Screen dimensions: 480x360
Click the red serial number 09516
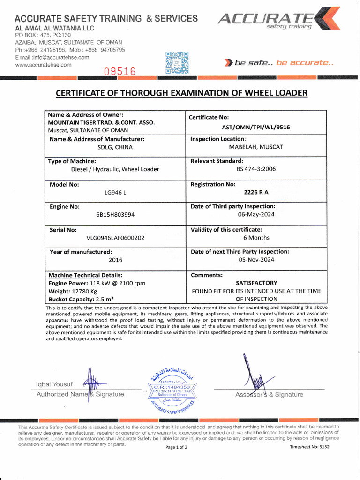[119, 72]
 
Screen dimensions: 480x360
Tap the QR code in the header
[177, 62]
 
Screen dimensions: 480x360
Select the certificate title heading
[181, 93]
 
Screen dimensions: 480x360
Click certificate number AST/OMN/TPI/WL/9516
[255, 127]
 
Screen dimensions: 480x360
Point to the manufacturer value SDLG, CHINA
[115, 147]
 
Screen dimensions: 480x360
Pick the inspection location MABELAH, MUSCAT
[256, 147]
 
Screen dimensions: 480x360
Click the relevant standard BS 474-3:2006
[256, 169]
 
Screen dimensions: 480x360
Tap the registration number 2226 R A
[256, 192]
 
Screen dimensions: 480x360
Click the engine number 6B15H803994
[115, 215]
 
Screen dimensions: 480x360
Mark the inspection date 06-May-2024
[256, 215]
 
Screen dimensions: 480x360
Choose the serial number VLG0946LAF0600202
[115, 238]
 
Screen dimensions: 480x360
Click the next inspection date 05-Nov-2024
[256, 260]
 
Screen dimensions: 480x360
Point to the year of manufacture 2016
[115, 260]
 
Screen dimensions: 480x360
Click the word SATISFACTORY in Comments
[256, 283]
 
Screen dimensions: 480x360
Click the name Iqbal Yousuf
[54, 385]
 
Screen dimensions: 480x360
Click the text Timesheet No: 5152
[310, 447]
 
